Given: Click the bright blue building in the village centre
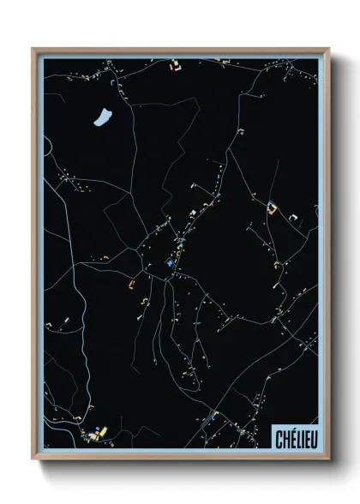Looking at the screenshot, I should tap(170, 264).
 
